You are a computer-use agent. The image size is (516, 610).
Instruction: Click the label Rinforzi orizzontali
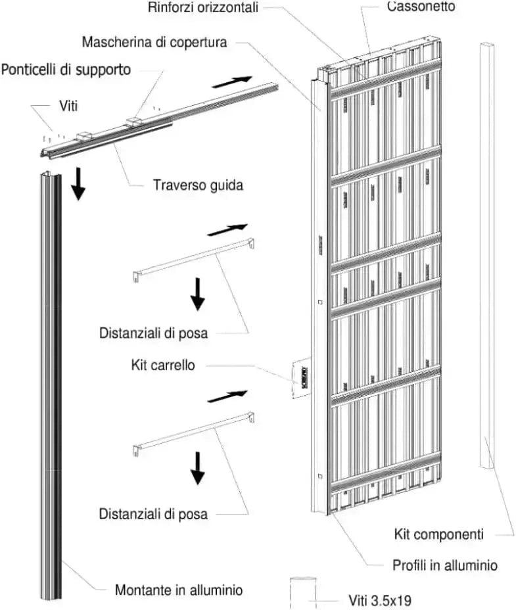[x=204, y=8]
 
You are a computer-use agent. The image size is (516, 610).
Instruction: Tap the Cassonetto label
[x=421, y=7]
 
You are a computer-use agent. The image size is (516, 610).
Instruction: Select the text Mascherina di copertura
[x=154, y=42]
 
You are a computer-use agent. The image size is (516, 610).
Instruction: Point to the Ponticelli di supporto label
[x=66, y=70]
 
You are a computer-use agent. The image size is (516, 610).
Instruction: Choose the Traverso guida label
[x=198, y=185]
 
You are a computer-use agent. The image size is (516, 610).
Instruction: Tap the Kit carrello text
[x=163, y=365]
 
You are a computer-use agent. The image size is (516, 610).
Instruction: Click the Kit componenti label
[x=438, y=534]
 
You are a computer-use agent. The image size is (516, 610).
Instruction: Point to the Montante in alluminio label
[x=179, y=590]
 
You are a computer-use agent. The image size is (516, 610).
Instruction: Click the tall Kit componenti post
[x=487, y=256]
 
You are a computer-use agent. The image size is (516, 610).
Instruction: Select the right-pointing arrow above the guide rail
[x=231, y=82]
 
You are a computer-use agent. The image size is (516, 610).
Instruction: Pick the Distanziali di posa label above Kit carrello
[x=154, y=333]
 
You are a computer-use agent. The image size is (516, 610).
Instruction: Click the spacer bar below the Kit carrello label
[x=193, y=432]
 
